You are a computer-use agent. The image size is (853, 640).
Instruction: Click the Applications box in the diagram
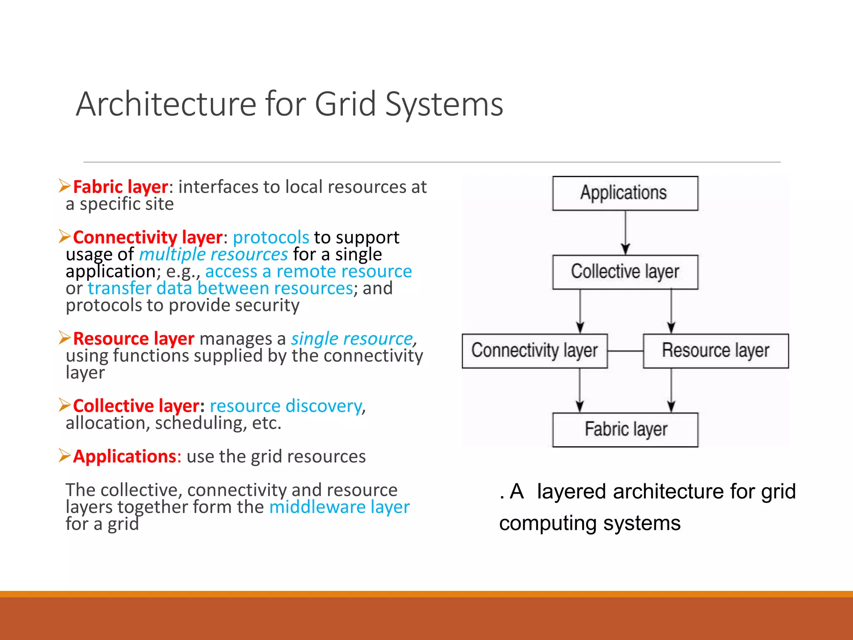pos(625,193)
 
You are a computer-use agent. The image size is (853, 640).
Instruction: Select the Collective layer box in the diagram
pos(625,272)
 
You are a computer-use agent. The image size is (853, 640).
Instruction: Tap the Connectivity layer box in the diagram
pos(534,351)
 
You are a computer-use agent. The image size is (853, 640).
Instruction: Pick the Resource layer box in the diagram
pos(716,351)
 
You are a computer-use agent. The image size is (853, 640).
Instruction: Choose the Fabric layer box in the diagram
pos(625,430)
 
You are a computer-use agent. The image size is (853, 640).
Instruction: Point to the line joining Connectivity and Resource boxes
pos(625,351)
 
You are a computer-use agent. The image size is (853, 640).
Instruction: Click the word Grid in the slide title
pos(345,104)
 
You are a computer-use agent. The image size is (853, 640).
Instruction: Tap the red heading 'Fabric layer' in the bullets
pos(120,187)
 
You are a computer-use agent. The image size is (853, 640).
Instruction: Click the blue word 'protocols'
pos(271,237)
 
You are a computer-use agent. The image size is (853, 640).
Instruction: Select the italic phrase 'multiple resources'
pos(213,255)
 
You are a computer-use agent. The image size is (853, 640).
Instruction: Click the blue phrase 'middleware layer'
pos(339,507)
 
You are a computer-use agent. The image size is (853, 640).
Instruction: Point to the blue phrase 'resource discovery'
pos(286,406)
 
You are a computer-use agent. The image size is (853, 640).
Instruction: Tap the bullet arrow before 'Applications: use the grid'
pos(65,455)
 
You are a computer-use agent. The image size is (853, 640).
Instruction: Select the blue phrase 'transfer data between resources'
pos(220,288)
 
